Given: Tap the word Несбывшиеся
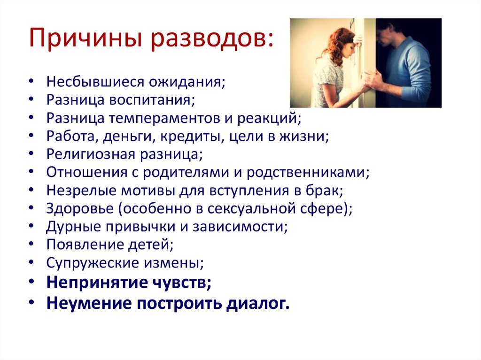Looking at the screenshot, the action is click(95, 82).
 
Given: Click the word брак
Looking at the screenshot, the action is click(322, 191).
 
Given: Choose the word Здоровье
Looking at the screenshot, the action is click(80, 209).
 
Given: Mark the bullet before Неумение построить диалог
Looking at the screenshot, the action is click(31, 302).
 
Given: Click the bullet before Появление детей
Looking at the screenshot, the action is click(31, 244).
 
